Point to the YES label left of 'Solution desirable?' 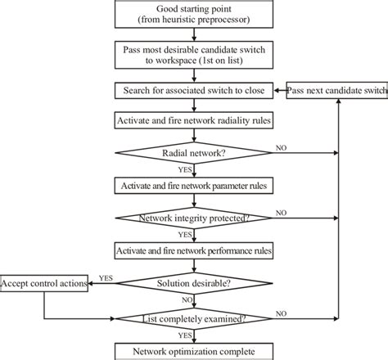coord(106,277)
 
